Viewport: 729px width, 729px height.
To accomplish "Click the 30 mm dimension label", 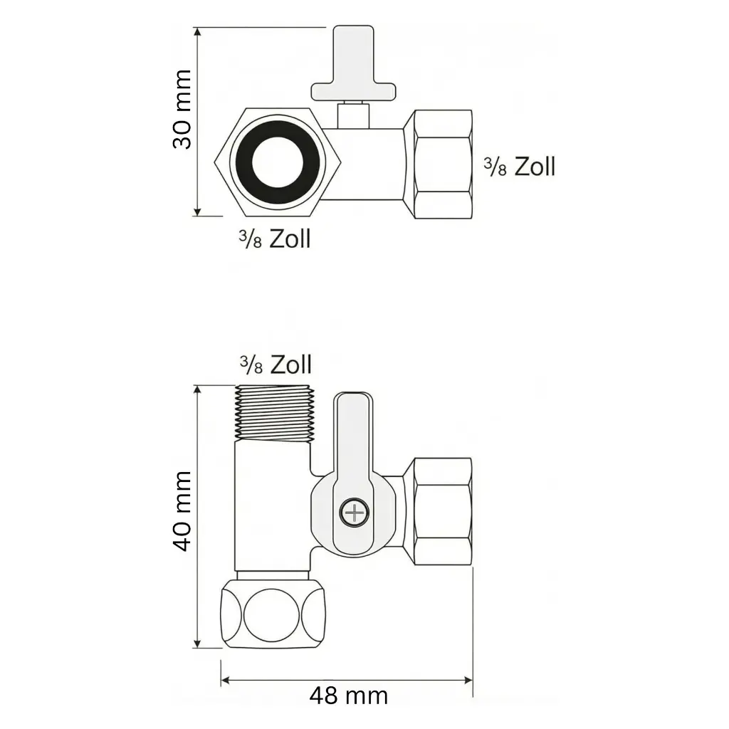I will coord(182,109).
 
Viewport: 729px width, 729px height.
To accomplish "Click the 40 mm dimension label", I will coord(182,510).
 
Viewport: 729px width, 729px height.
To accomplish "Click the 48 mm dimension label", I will coord(348,695).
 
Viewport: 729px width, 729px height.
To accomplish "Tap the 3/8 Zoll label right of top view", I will coord(519,167).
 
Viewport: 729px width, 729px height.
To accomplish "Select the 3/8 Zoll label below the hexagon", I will coord(275,238).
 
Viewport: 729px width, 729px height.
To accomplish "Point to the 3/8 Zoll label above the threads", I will coord(275,365).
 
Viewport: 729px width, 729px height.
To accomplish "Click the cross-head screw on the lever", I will coord(352,512).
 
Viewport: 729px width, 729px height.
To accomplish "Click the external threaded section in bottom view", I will coord(273,413).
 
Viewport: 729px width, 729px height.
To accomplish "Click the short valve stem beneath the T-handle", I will coord(352,114).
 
